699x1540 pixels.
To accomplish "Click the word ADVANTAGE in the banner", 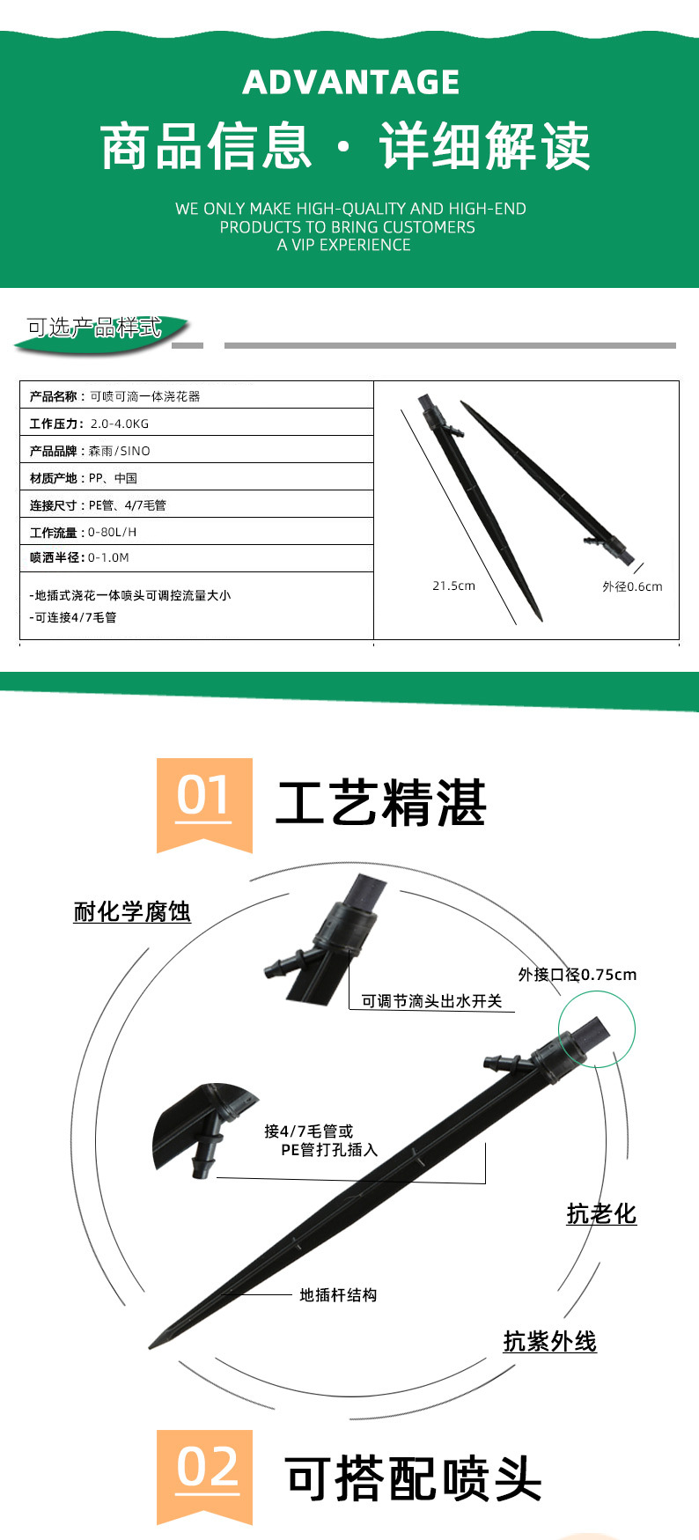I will [x=350, y=83].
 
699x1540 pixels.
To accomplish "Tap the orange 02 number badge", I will [x=204, y=1474].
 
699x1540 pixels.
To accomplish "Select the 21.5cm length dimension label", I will [x=453, y=586].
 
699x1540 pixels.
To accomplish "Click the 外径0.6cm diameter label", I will [x=632, y=586].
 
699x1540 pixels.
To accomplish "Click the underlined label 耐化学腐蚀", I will [x=132, y=911].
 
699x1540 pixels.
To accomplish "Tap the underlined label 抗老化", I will [x=601, y=1214].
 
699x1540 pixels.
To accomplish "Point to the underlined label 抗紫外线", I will [x=549, y=1342].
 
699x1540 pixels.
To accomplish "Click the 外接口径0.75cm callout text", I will [x=577, y=975].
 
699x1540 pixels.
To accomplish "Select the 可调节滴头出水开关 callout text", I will [x=431, y=1001].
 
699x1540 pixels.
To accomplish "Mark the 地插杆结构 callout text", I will [x=338, y=1295].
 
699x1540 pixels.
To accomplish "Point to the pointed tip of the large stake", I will [x=151, y=1345].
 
